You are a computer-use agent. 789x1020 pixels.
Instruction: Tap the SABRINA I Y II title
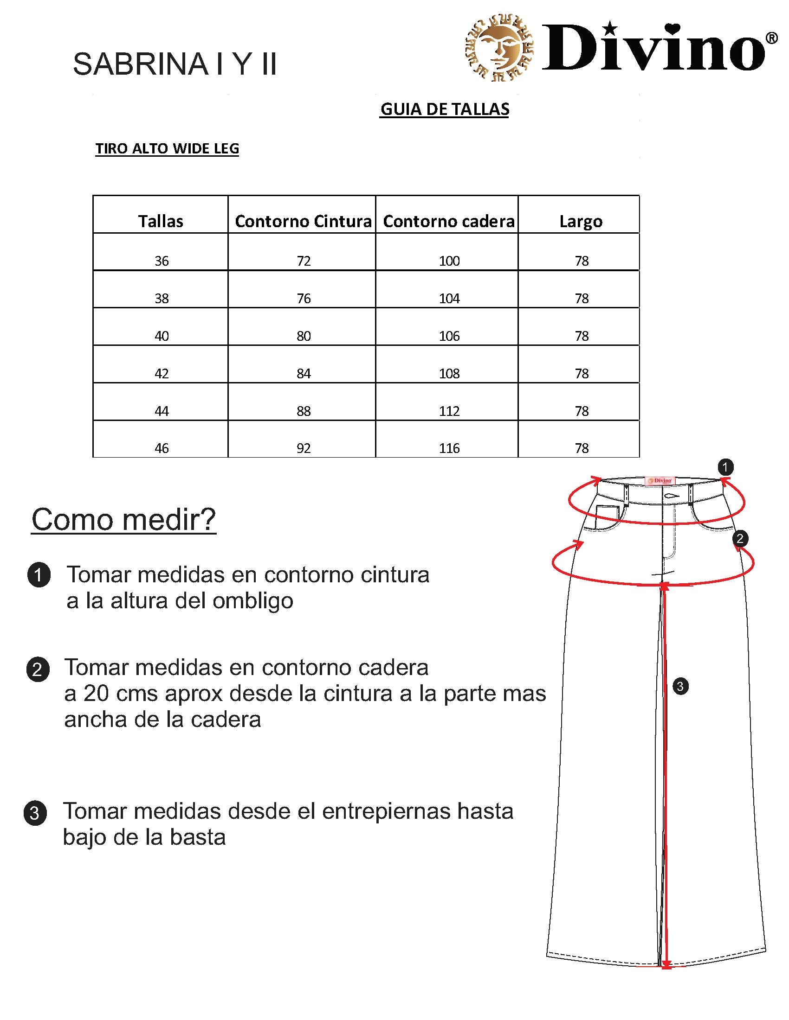(x=175, y=64)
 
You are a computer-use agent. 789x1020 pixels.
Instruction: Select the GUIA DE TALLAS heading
(x=444, y=109)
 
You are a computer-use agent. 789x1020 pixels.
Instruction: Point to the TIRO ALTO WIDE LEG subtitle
(x=167, y=148)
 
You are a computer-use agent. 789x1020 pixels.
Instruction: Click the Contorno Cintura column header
(x=303, y=221)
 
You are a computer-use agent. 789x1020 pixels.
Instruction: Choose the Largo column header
(x=581, y=221)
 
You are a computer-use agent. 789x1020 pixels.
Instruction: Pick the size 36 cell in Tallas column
(x=162, y=261)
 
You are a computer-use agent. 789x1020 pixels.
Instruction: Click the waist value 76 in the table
(x=304, y=299)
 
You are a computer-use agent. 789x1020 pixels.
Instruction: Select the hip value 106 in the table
(x=449, y=336)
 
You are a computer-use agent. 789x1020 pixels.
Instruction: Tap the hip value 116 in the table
(x=449, y=448)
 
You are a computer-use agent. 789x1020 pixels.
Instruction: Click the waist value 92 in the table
(x=304, y=448)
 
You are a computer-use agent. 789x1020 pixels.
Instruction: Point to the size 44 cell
(x=162, y=411)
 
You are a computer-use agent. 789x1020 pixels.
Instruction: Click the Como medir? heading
(x=124, y=519)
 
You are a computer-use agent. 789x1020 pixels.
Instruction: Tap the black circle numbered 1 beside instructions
(x=39, y=575)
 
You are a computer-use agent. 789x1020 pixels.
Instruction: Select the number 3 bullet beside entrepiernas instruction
(x=35, y=813)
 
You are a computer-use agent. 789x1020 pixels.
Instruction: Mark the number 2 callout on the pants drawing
(x=739, y=539)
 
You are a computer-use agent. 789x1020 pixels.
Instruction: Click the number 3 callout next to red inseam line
(x=680, y=686)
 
